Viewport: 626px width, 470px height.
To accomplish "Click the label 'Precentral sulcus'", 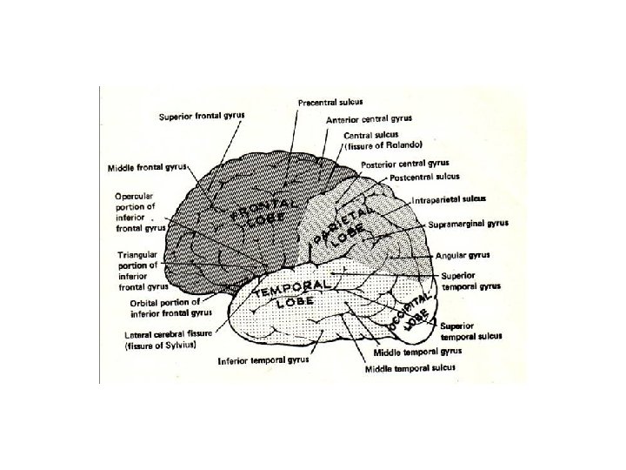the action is [x=330, y=103].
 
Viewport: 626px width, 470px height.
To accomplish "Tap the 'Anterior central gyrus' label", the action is [x=368, y=119].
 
